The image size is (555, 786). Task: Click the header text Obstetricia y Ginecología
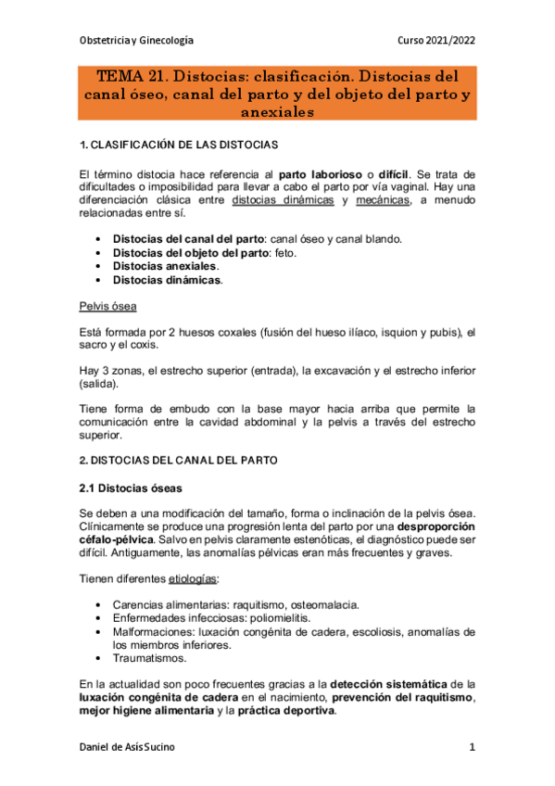click(137, 41)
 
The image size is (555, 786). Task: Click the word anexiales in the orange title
click(277, 111)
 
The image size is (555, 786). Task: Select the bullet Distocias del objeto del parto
click(189, 252)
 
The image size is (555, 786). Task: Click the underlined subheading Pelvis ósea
click(107, 305)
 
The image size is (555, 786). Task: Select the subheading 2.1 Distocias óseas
click(129, 488)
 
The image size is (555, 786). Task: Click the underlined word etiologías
click(192, 578)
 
